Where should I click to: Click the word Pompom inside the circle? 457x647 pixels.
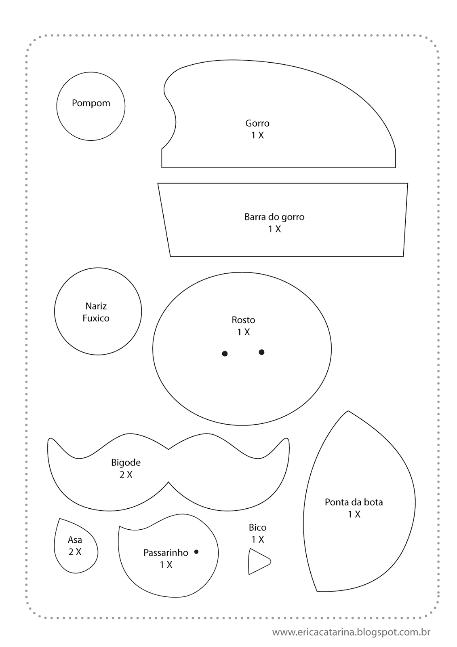tap(91, 103)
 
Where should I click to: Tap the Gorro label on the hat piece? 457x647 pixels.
tap(257, 123)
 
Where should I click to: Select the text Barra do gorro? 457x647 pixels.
tap(274, 217)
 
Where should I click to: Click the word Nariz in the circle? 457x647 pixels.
tap(96, 306)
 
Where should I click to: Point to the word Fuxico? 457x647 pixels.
tap(96, 318)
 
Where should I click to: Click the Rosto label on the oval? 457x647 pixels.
tap(243, 320)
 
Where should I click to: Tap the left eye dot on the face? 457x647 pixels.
tap(225, 354)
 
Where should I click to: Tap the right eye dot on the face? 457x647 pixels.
tap(262, 352)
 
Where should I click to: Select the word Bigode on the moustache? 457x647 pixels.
tap(126, 462)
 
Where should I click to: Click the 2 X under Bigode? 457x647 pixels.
tap(126, 475)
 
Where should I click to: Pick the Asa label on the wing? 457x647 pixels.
tap(75, 539)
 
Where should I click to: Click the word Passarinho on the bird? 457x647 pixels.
tap(166, 552)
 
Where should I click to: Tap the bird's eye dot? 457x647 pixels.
tap(196, 552)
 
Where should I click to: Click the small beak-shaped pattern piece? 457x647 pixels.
tap(257, 561)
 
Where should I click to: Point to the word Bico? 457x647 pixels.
tap(258, 527)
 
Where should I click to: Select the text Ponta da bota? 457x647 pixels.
tap(354, 502)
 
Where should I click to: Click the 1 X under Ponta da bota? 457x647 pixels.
tap(354, 514)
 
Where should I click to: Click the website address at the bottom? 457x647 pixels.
tap(351, 632)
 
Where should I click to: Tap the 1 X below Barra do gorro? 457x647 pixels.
tap(275, 229)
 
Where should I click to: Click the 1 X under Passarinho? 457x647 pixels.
tap(166, 565)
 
